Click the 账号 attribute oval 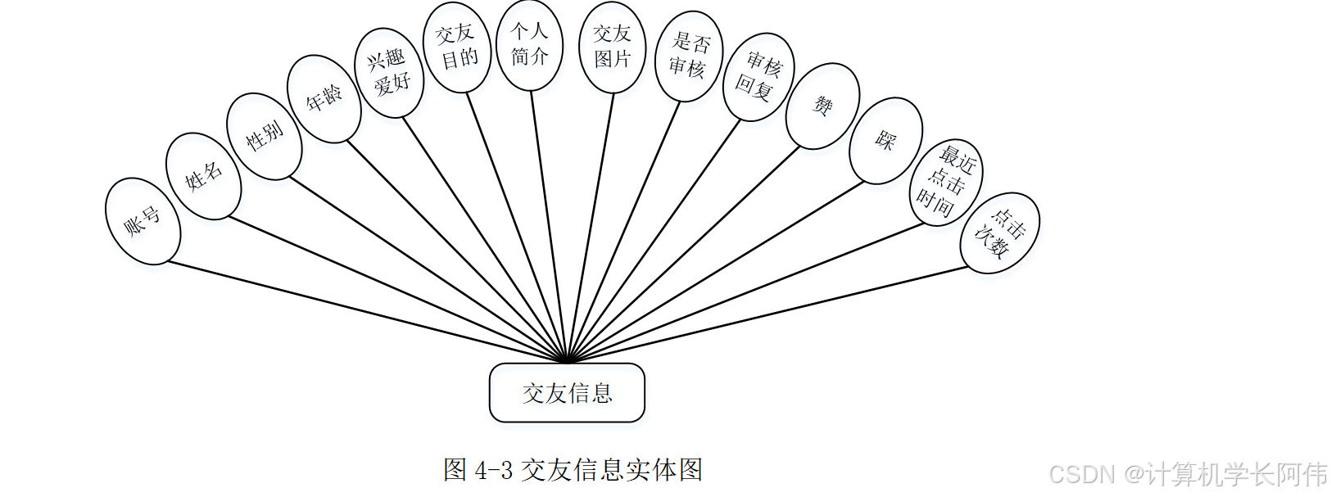(143, 221)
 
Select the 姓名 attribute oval (203, 176)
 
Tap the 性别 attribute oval (264, 136)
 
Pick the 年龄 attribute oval (324, 98)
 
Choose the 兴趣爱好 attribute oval (389, 72)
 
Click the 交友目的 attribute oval (457, 47)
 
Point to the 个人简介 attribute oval (529, 44)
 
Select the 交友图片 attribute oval (612, 47)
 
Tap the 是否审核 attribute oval (688, 56)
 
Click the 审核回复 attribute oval (758, 77)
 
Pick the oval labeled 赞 (822, 106)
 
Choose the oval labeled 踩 (885, 140)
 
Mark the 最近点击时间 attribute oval (946, 182)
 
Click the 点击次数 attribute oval (999, 233)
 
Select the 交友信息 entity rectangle (567, 393)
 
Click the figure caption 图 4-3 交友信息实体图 (573, 470)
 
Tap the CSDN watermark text (1188, 474)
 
